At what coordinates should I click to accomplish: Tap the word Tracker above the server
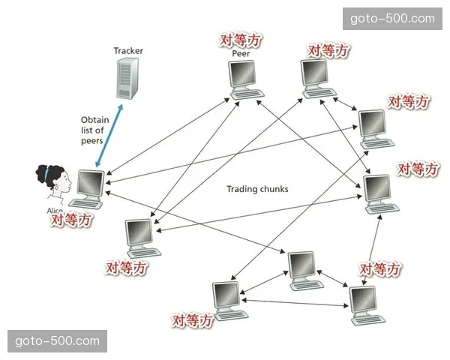point(128,51)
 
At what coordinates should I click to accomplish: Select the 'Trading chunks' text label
point(257,189)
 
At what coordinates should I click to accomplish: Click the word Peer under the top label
point(241,53)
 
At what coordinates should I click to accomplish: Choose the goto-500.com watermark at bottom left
point(57,341)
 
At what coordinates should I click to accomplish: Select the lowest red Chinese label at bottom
point(193,321)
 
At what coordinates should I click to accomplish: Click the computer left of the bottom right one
point(227,300)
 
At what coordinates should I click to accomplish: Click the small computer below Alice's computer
point(140,238)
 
